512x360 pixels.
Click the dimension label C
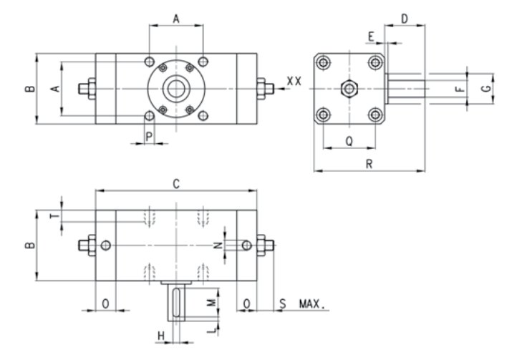[x=176, y=185]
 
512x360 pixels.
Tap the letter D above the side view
[x=405, y=19]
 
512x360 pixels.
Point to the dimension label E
[x=371, y=37]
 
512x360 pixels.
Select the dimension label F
[x=460, y=89]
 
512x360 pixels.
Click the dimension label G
[x=486, y=88]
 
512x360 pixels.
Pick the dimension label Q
[x=349, y=141]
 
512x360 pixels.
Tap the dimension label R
[x=369, y=164]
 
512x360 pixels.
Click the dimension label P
[x=149, y=137]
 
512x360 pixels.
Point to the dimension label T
[x=56, y=215]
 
